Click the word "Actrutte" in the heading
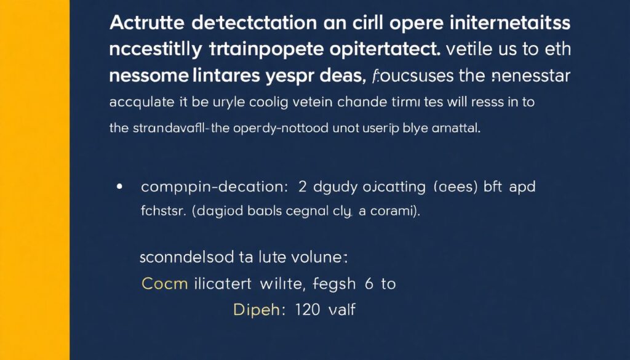click(x=144, y=24)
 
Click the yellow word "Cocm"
click(x=164, y=283)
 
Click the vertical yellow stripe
click(x=34, y=180)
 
